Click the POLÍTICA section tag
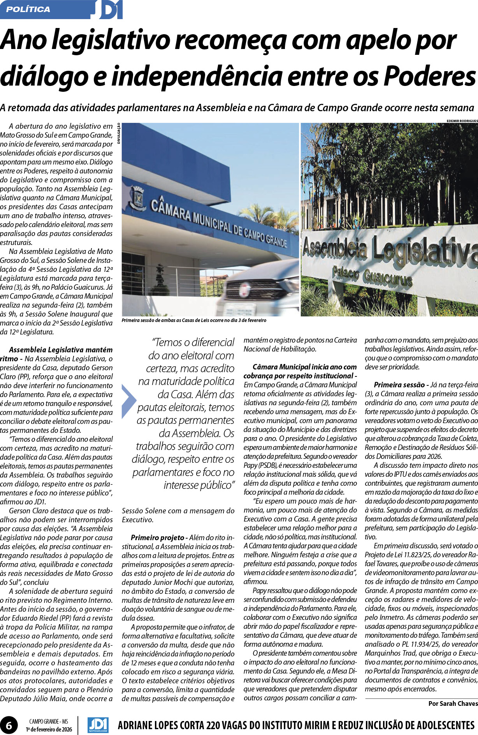[x=28, y=9]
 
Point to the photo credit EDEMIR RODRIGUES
[x=462, y=121]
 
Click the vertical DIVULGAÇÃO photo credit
[x=118, y=133]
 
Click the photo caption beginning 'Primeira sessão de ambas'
[x=194, y=320]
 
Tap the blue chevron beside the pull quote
[x=128, y=401]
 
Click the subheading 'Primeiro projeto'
[x=157, y=537]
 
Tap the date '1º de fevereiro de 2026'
[x=49, y=729]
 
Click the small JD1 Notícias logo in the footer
[x=98, y=725]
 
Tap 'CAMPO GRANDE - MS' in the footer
[x=49, y=722]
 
